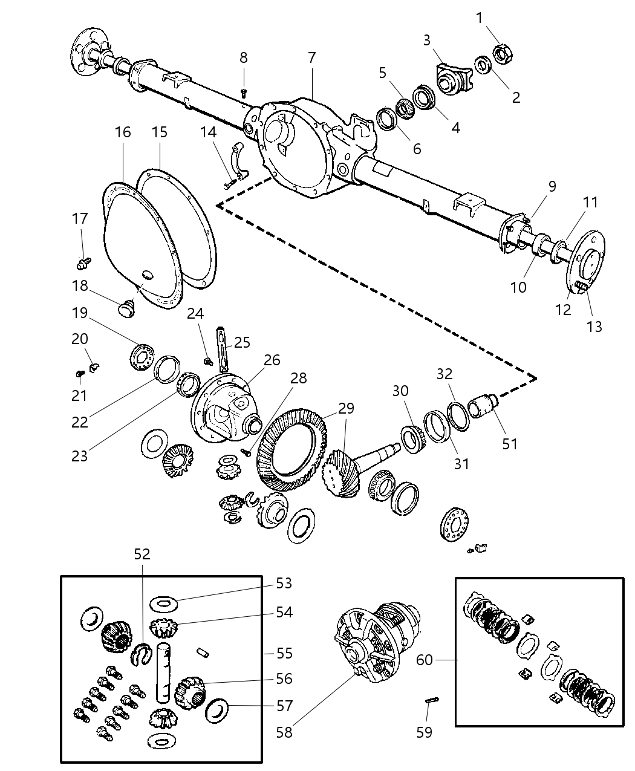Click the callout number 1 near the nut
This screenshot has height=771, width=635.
[x=480, y=18]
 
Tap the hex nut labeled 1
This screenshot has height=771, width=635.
[x=504, y=53]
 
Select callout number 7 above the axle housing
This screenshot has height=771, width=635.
[x=311, y=57]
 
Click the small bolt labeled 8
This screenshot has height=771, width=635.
[x=244, y=93]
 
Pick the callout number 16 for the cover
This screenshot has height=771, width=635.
[x=123, y=132]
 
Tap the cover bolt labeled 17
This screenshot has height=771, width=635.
[x=83, y=262]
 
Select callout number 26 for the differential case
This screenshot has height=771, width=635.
[x=272, y=360]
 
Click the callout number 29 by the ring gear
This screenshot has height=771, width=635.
[x=346, y=408]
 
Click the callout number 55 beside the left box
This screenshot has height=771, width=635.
[x=284, y=653]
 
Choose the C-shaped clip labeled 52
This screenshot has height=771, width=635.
[x=141, y=654]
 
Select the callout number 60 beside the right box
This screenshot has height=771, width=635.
[x=425, y=660]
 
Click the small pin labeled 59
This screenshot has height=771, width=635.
[x=432, y=700]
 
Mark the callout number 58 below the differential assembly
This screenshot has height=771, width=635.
[x=284, y=732]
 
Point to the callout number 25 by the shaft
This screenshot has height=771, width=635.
[x=242, y=343]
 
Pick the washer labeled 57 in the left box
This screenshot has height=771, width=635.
[x=217, y=711]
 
